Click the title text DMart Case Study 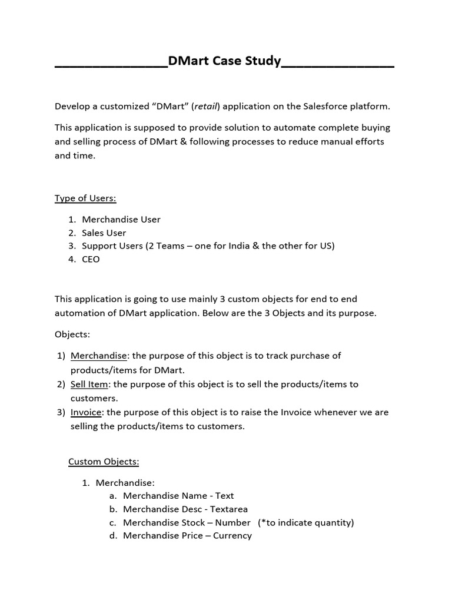[224, 61]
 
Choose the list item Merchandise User [121, 219]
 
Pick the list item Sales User [104, 233]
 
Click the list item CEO [91, 259]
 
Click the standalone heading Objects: [72, 334]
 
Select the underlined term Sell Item [89, 384]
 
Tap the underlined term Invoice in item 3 [87, 412]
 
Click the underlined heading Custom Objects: [104, 461]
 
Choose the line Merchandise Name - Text [178, 496]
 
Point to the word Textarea [227, 509]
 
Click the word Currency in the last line [232, 535]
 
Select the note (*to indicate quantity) [305, 522]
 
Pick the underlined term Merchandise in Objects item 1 [98, 356]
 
